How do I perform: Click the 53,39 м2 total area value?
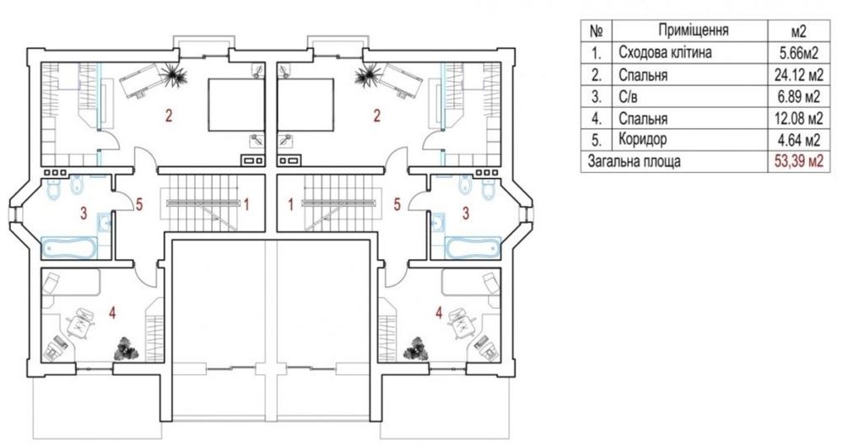click(797, 161)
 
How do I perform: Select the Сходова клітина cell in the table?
click(665, 52)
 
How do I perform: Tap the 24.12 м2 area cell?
click(797, 74)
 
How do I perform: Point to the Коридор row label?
click(642, 139)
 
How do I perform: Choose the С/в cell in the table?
click(629, 97)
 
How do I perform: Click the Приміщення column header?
click(693, 30)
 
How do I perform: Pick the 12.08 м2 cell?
click(797, 118)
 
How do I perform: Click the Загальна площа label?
click(634, 161)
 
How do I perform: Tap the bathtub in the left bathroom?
click(69, 247)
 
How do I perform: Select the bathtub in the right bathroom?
click(473, 248)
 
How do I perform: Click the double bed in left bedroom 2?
click(236, 105)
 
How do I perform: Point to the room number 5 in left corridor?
click(139, 205)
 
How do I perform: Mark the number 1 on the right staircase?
click(291, 205)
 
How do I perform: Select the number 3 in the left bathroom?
click(83, 213)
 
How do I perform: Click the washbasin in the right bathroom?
click(437, 221)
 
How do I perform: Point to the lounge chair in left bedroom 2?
click(141, 81)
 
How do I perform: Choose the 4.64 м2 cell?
click(797, 140)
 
